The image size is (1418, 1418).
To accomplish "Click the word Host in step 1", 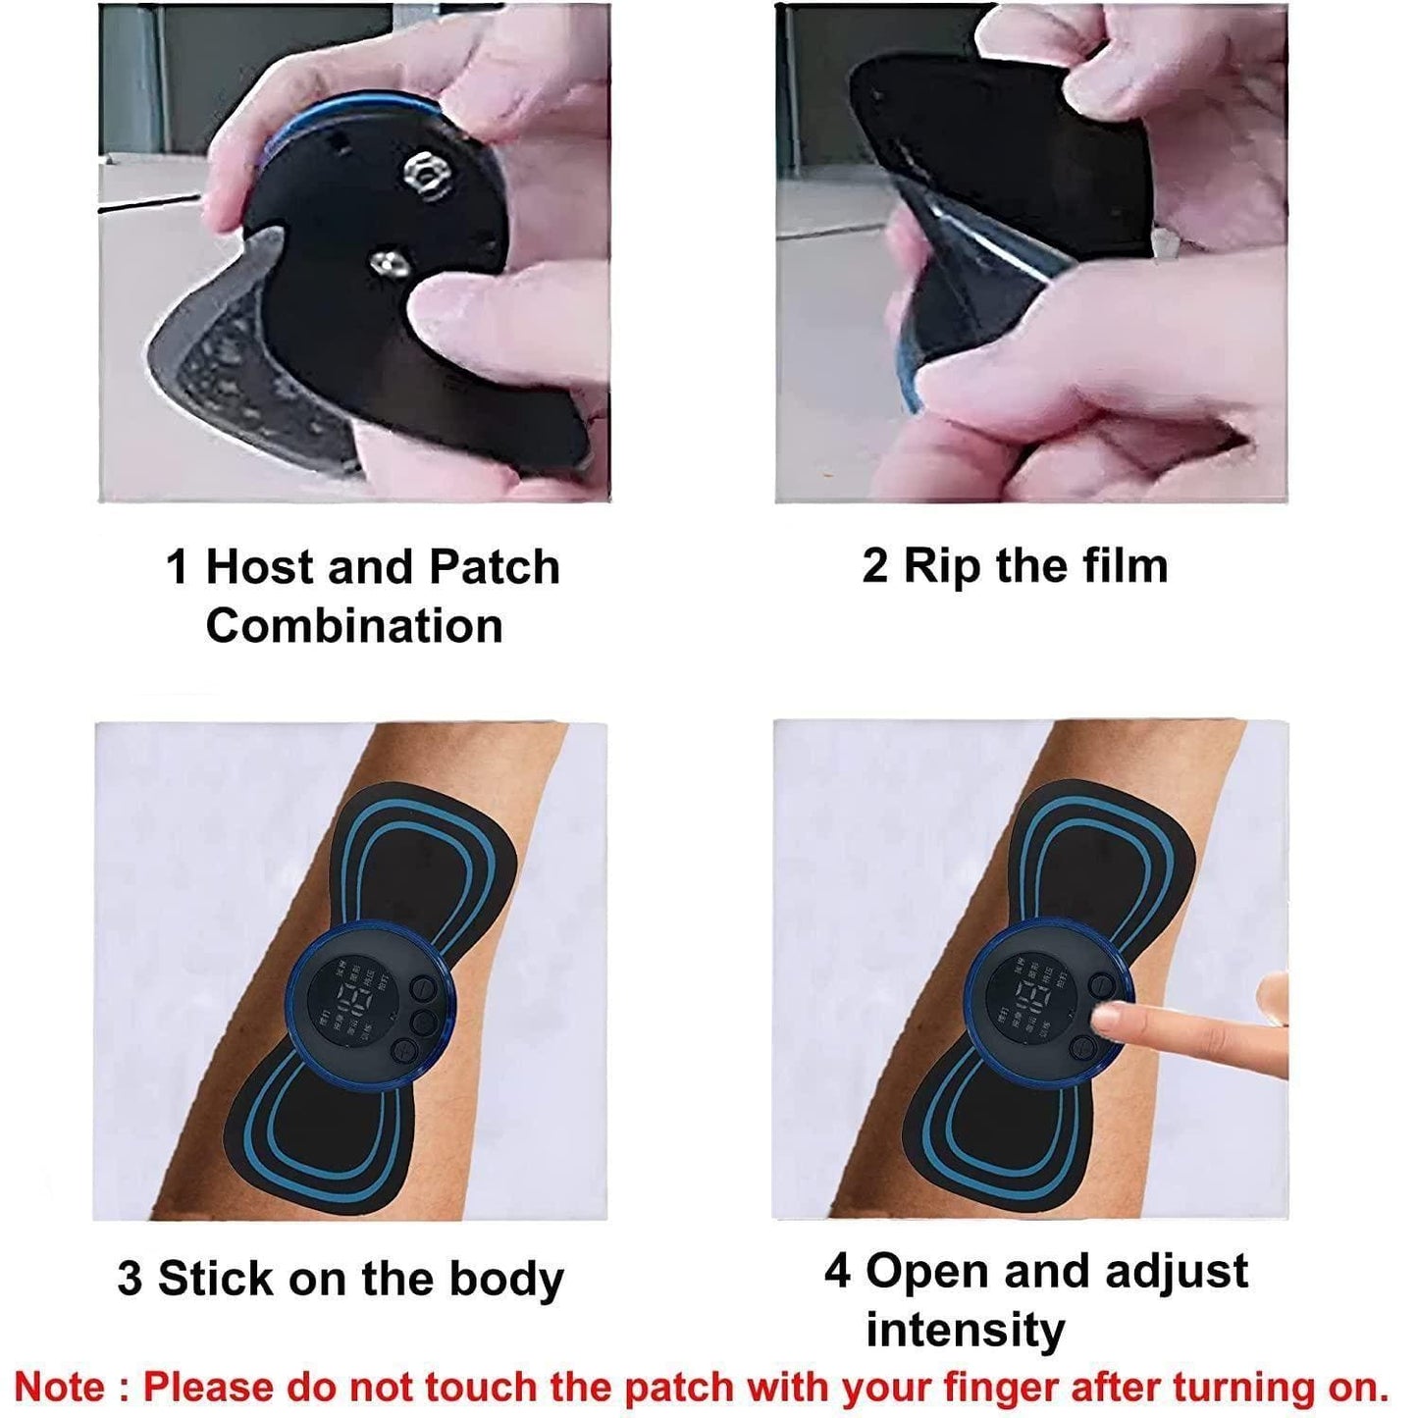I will pyautogui.click(x=259, y=567).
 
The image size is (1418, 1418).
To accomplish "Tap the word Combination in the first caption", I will pyautogui.click(x=353, y=626).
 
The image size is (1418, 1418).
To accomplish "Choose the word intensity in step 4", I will pyautogui.click(x=965, y=1331).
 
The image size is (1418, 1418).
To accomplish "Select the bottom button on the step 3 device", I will pyautogui.click(x=404, y=1050).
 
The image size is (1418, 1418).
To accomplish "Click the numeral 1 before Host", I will pyautogui.click(x=177, y=567).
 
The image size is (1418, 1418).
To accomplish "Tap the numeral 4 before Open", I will pyautogui.click(x=836, y=1271).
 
